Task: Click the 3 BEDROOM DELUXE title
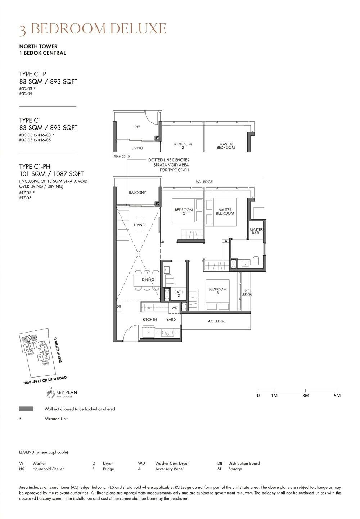93,29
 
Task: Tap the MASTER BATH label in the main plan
256,231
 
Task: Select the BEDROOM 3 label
217,291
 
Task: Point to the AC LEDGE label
217,321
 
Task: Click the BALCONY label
138,193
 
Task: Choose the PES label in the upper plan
138,127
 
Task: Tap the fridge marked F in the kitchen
148,333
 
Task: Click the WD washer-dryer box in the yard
174,308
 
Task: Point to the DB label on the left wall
118,307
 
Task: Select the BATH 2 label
179,294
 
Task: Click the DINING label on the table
148,279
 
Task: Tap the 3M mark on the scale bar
306,396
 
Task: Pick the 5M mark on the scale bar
337,396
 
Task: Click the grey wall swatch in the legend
26,409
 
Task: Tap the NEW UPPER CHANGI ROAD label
45,380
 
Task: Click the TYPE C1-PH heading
35,167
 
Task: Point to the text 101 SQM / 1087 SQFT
51,174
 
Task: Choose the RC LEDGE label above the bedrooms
204,182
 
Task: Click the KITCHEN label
150,319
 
